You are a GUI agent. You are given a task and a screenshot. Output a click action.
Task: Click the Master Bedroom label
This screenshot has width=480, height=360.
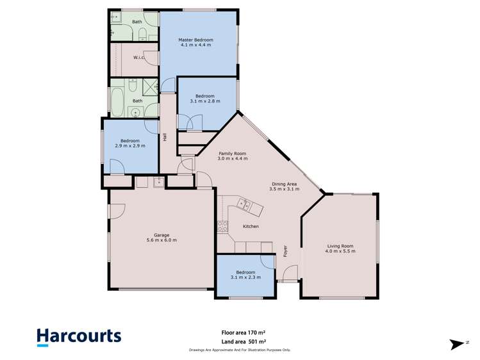[195, 40]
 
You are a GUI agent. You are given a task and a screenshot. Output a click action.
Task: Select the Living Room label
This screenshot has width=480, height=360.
[340, 245]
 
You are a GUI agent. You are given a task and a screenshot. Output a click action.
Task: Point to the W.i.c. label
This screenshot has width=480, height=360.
[138, 58]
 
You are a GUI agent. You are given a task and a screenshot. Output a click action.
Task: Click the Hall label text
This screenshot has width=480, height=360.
[165, 137]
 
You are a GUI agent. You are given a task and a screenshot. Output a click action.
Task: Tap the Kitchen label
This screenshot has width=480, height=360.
[251, 227]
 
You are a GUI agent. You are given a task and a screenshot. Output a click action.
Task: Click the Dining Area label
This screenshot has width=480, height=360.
[283, 184]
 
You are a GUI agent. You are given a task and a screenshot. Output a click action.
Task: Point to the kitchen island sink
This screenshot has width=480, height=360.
[244, 205]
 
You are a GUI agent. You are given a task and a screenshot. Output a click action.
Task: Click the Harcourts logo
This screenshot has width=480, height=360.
[78, 337]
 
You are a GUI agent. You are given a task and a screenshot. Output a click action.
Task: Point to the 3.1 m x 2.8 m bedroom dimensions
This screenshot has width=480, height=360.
[205, 101]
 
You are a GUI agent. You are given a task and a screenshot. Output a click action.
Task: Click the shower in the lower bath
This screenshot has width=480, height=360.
[149, 87]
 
